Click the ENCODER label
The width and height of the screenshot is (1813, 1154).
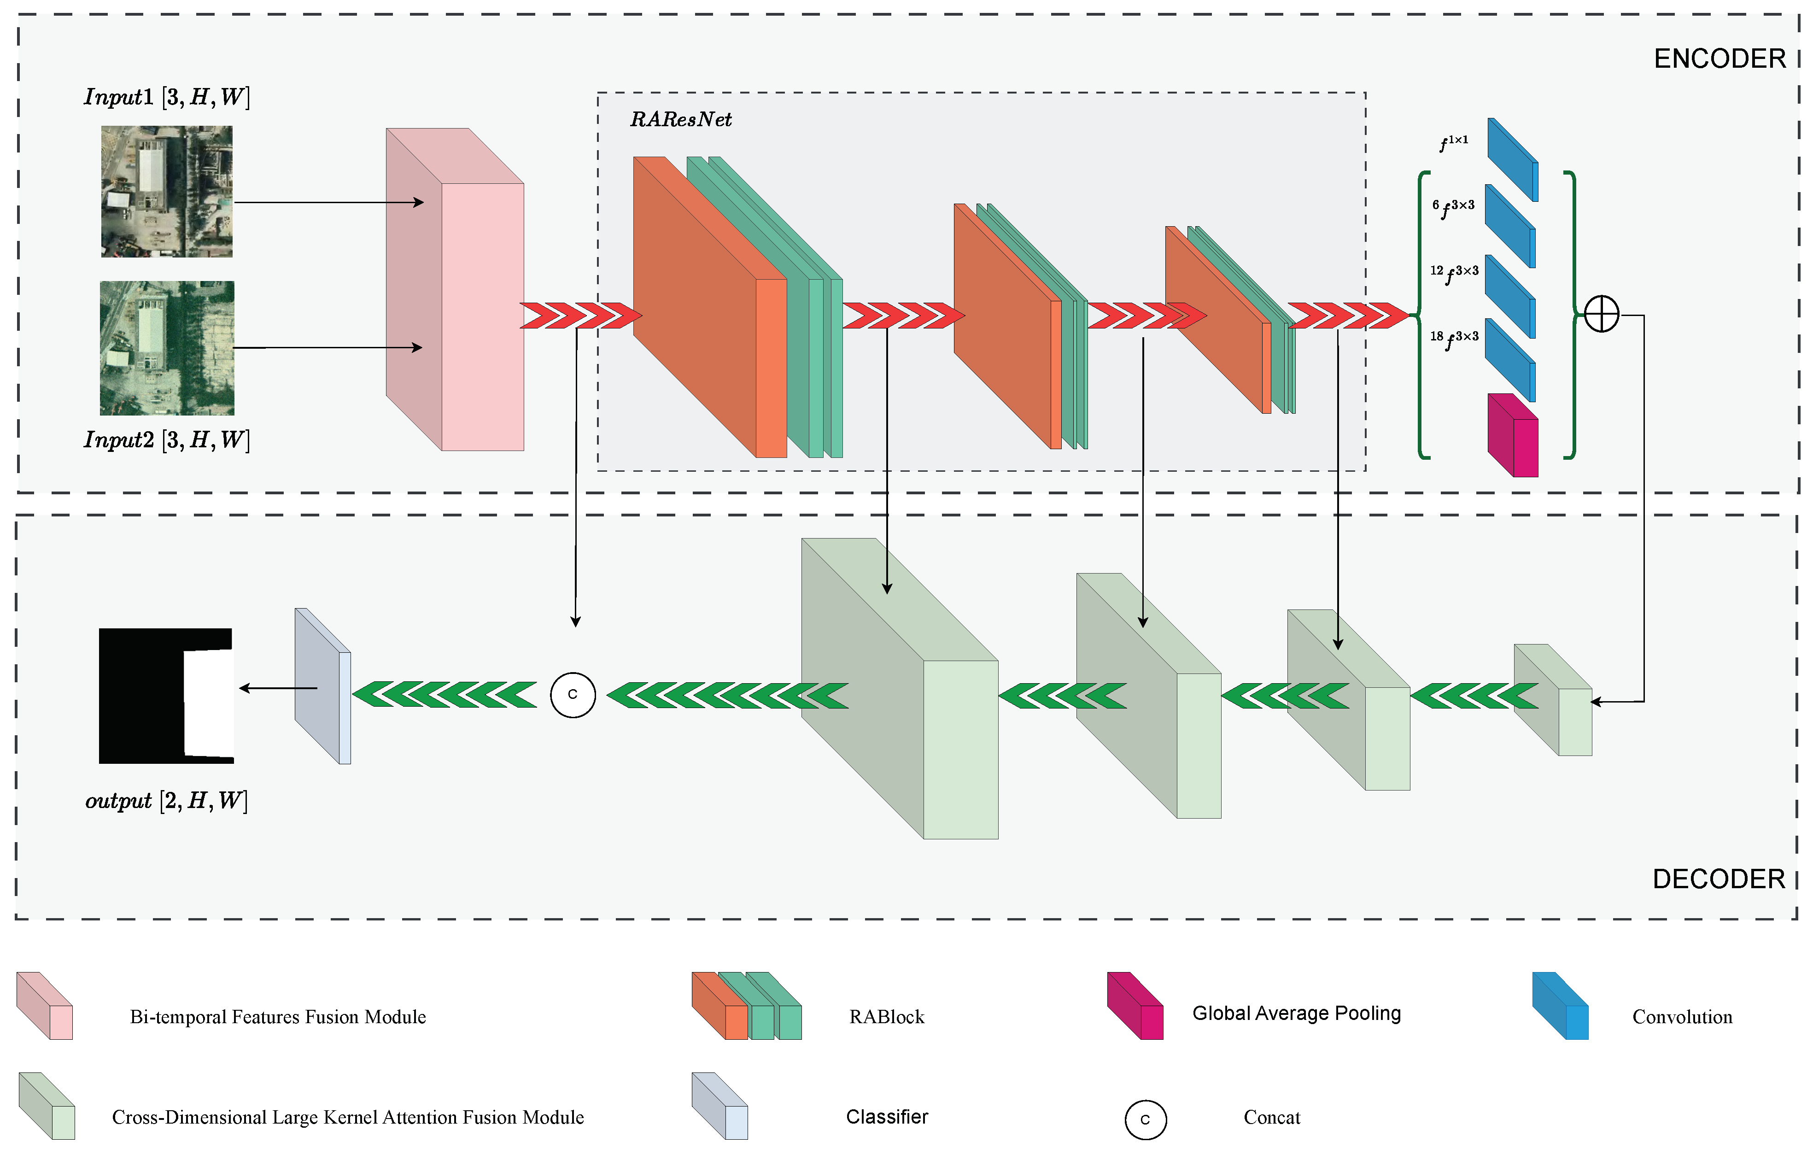point(1719,59)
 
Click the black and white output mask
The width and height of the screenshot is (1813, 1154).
point(166,696)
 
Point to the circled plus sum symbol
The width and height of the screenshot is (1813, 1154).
point(1602,314)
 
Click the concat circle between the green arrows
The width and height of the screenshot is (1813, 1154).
point(573,694)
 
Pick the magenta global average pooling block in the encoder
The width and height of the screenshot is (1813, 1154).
point(1513,435)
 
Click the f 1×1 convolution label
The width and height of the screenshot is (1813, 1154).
point(1453,142)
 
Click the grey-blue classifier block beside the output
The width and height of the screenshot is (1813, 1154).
point(323,686)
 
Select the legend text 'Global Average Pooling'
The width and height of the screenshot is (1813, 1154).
point(1297,1013)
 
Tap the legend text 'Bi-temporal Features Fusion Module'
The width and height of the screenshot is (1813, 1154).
point(278,1017)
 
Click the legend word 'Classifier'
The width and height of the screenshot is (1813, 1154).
point(887,1116)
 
